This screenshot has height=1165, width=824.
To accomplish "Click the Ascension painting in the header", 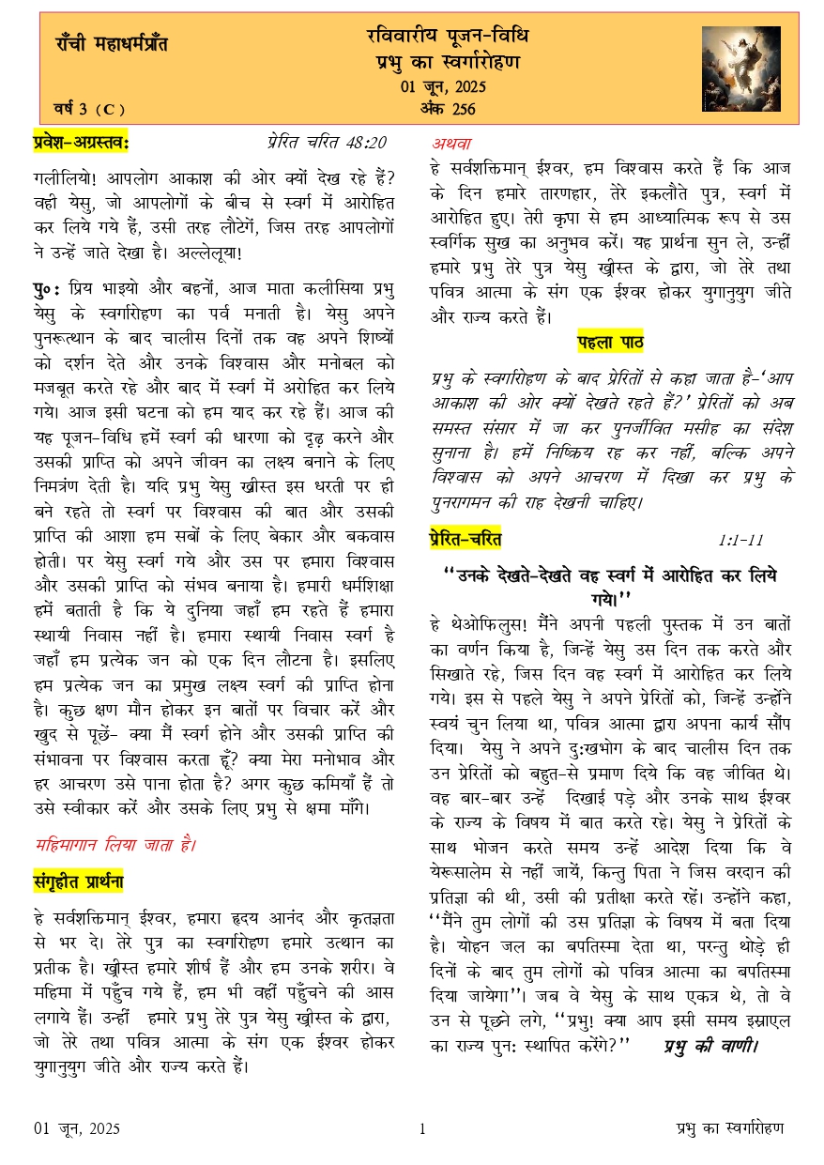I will (x=740, y=69).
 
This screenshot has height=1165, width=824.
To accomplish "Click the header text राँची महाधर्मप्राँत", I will (x=112, y=43).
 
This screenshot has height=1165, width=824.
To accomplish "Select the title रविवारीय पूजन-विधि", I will (x=447, y=37).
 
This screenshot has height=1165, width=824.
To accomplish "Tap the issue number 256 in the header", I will (x=463, y=109).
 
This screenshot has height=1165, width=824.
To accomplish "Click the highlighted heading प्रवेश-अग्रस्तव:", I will (x=82, y=143).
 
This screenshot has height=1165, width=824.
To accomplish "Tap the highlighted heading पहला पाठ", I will (x=609, y=342).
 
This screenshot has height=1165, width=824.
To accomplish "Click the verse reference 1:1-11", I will (x=740, y=540).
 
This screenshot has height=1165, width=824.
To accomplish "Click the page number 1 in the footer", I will (x=422, y=1128).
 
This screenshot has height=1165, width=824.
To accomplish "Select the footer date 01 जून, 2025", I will (x=77, y=1128).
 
